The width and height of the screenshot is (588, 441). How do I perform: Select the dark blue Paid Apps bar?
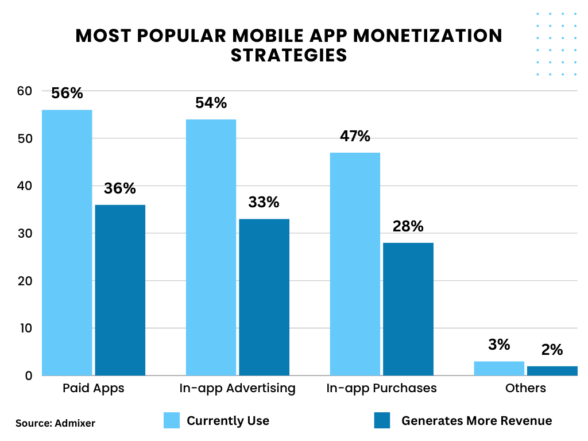coord(120,290)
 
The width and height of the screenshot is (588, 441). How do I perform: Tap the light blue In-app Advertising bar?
coord(211,247)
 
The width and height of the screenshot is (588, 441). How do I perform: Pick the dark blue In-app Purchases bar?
coord(408,309)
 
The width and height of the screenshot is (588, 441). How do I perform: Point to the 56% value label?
coord(67,93)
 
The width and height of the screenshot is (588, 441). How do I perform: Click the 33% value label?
coord(264,202)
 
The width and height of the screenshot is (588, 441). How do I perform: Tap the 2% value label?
coord(552,350)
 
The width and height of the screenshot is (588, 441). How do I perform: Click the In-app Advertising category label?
coord(237,388)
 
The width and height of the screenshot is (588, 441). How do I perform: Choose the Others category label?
coord(525,388)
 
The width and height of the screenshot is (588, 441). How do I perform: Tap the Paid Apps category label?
coord(93,388)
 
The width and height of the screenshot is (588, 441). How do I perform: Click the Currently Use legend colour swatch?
coord(172,420)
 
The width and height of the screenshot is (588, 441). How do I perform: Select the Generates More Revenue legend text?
coord(477,421)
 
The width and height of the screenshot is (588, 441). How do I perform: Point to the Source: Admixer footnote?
coord(56,423)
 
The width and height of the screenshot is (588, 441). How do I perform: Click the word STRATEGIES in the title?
coord(289,55)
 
